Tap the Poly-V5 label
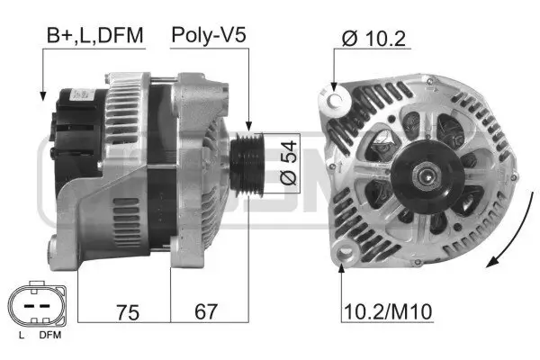(x=209, y=37)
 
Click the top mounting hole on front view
(x=335, y=94)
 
